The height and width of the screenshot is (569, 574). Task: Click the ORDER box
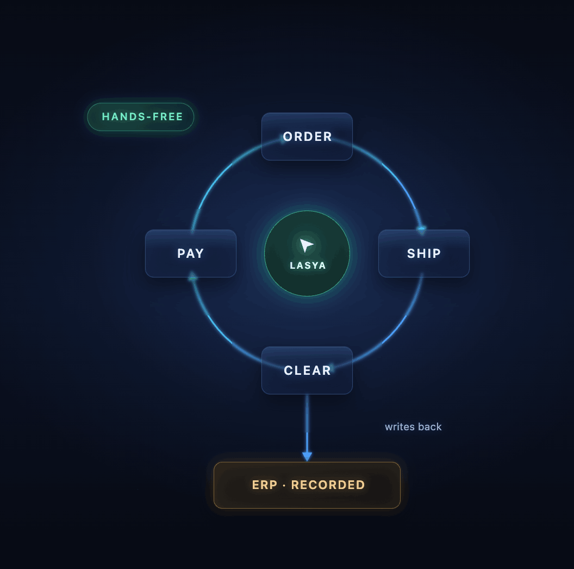(x=307, y=137)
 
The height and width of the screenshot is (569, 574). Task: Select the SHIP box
(x=423, y=253)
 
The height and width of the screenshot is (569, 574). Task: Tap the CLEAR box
(x=307, y=370)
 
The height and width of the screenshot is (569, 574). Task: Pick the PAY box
(x=190, y=253)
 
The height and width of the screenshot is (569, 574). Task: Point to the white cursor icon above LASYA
(x=306, y=245)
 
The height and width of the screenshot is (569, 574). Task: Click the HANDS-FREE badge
(x=141, y=117)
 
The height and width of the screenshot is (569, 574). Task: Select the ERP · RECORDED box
(x=307, y=485)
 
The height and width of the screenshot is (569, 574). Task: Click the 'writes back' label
(x=413, y=427)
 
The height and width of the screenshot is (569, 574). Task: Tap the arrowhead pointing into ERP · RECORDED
(x=307, y=456)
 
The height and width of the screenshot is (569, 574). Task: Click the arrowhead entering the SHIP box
(x=422, y=230)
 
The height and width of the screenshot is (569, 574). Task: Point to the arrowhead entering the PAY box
(x=192, y=277)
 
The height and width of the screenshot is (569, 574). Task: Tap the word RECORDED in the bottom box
(x=328, y=485)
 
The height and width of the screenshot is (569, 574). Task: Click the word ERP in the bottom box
(x=265, y=485)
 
